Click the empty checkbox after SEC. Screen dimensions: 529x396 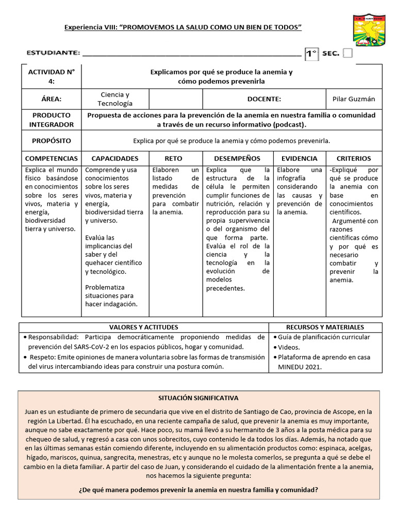tap(348, 54)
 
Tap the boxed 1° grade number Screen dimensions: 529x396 tap(311, 54)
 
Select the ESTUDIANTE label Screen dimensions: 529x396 tap(53, 53)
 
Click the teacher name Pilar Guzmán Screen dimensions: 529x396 tap(354, 99)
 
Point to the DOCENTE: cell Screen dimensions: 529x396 tap(264, 99)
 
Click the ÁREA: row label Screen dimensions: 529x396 tap(52, 99)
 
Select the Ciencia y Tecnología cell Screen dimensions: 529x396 tap(115, 99)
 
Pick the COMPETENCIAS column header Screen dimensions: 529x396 tap(52, 159)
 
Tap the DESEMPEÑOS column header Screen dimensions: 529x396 tap(237, 159)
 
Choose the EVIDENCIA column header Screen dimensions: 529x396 tap(300, 159)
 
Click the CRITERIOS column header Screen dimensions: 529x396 tap(354, 159)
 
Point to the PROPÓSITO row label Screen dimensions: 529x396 tap(52, 141)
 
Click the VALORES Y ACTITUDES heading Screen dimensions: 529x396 tap(144, 327)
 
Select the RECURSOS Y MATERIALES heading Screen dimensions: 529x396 tap(325, 327)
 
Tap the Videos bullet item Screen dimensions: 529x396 tap(289, 347)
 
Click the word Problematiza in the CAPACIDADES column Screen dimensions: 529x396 tap(105, 287)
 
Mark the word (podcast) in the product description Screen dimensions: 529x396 tap(290, 125)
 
